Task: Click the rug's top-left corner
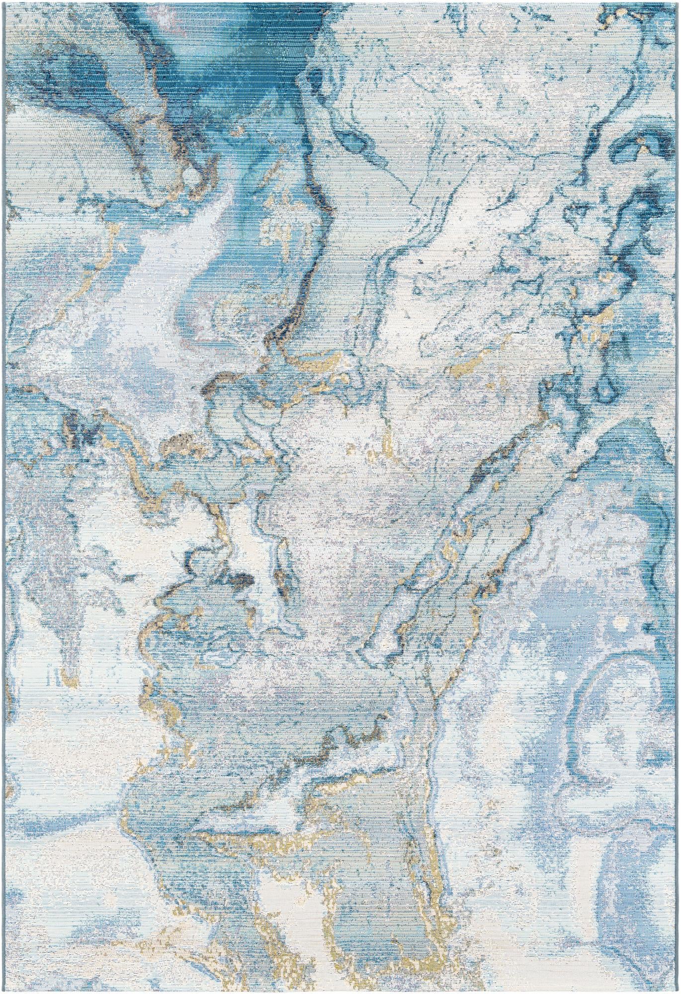click(x=4, y=3)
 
